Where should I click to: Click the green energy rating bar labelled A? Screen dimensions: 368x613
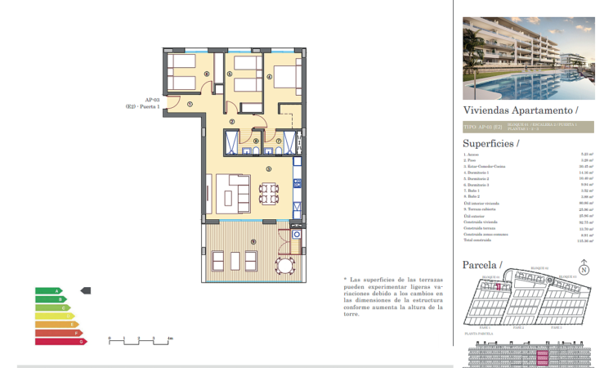pos(48,290)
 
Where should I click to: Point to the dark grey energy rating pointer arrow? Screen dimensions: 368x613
pos(86,290)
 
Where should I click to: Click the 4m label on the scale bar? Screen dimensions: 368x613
pos(169,338)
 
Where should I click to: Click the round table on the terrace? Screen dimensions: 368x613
pos(284,265)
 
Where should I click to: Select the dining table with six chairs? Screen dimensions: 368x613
pos(267,194)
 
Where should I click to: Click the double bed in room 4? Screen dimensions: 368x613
pos(285,78)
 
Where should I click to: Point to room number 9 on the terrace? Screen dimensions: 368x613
pos(254,240)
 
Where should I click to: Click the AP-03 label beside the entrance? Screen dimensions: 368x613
pos(152,99)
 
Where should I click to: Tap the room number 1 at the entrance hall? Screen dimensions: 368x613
pos(189,104)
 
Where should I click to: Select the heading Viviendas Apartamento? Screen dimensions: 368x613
pos(521,110)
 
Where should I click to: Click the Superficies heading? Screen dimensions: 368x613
pos(490,143)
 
